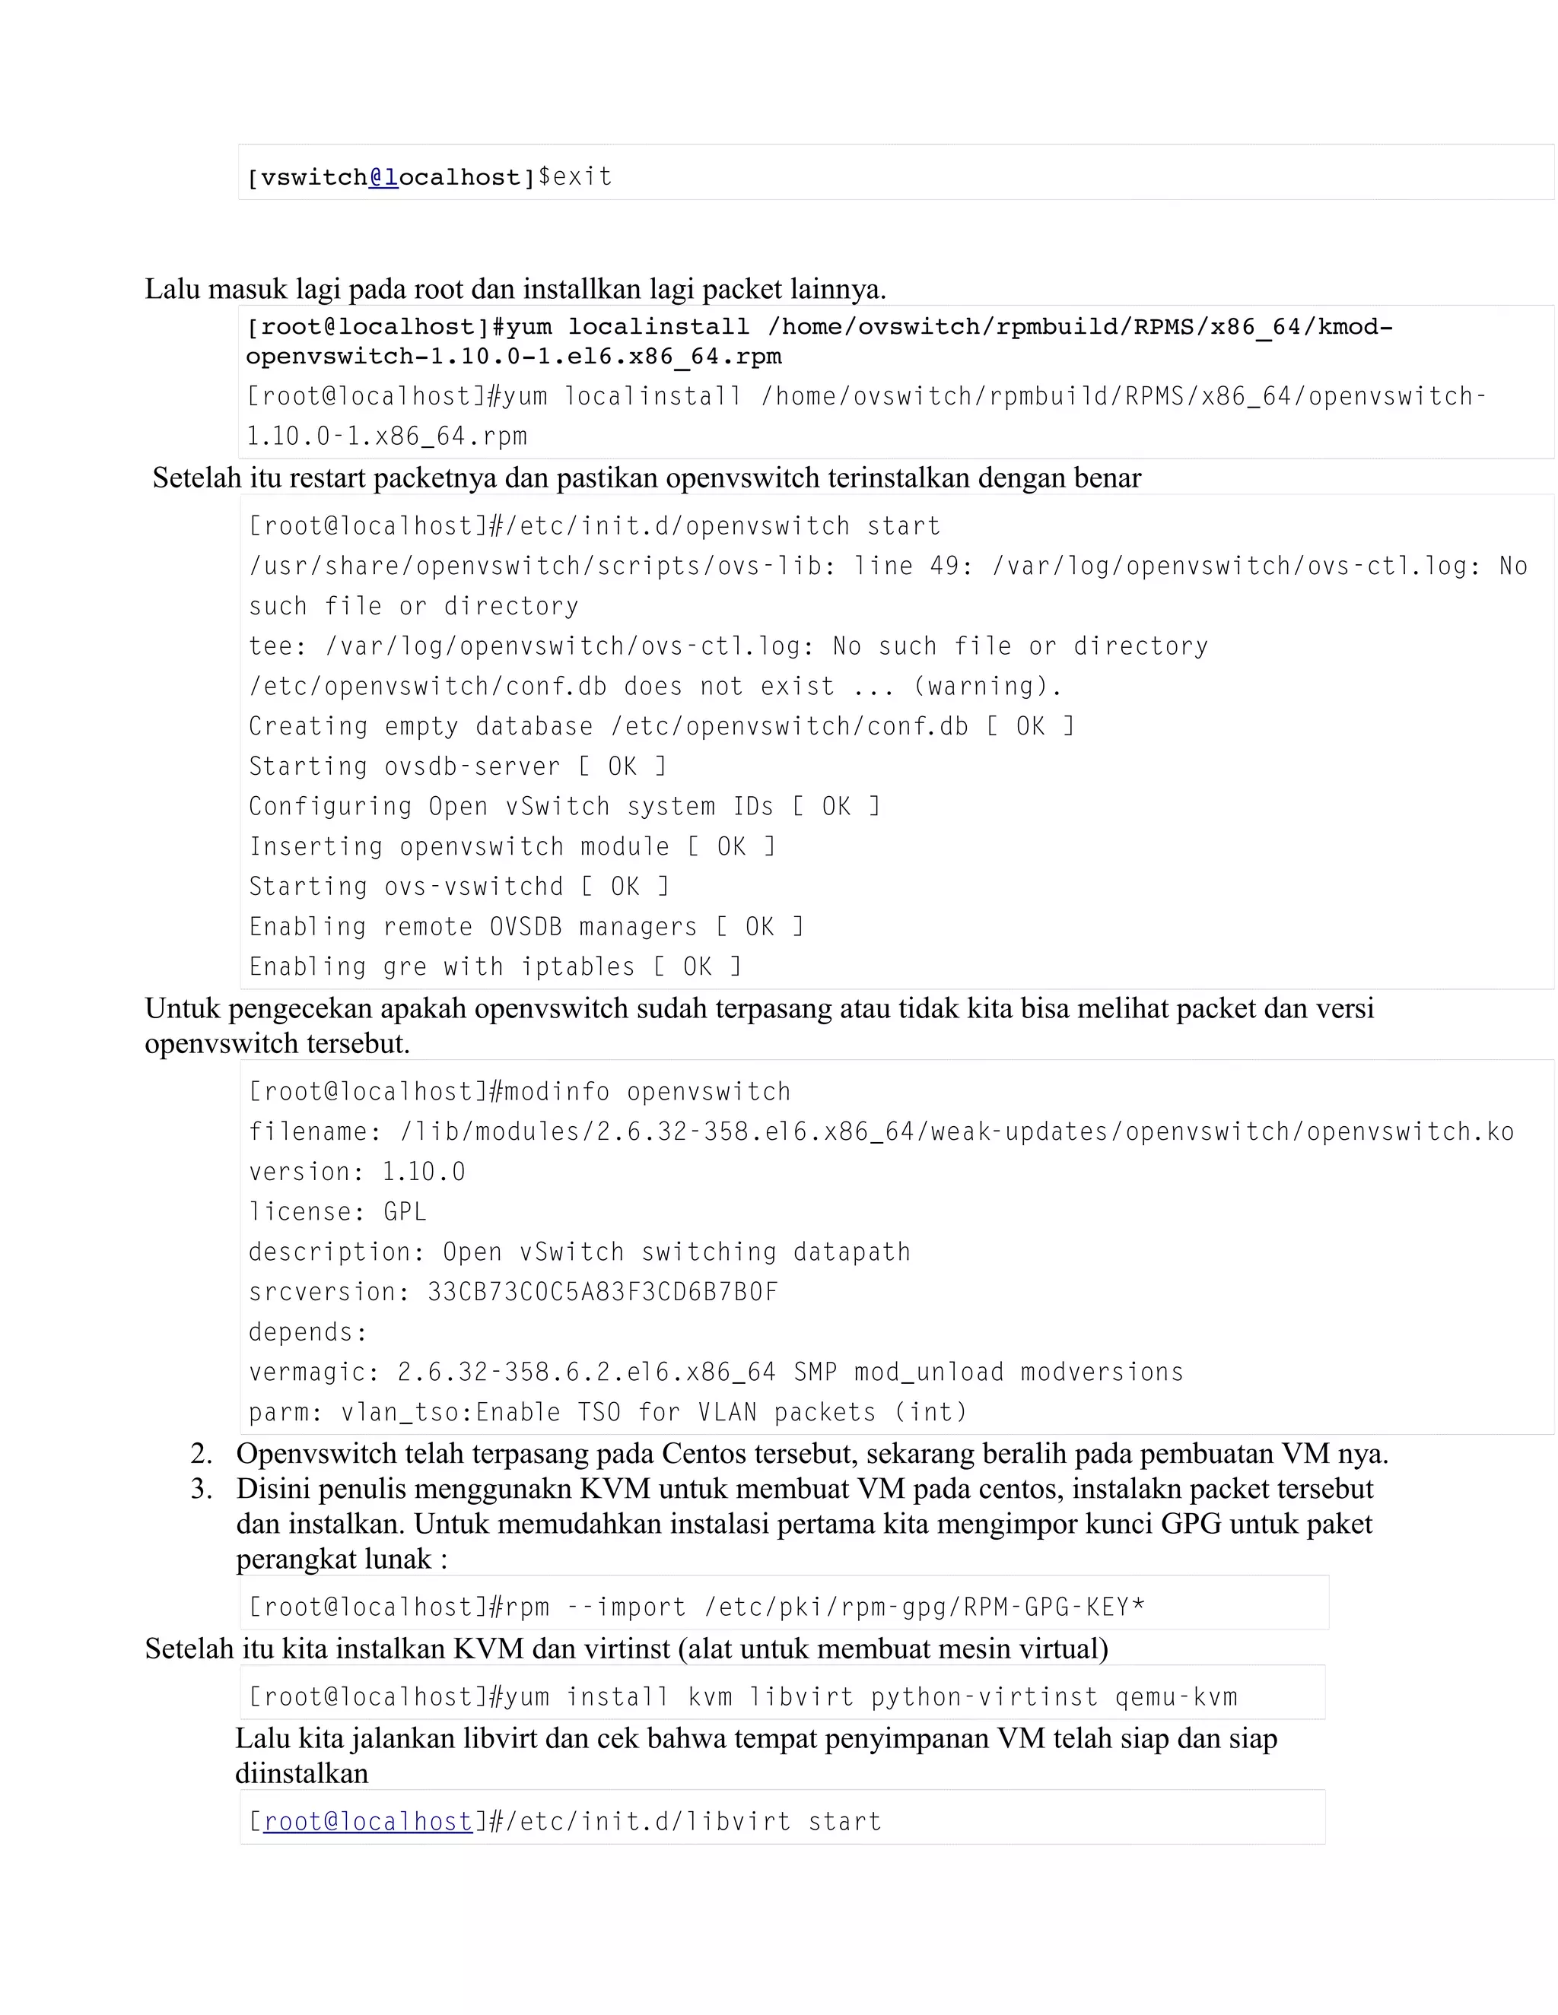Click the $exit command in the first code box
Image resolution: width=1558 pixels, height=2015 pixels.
pyautogui.click(x=574, y=177)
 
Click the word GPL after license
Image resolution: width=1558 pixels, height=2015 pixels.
pyautogui.click(x=405, y=1211)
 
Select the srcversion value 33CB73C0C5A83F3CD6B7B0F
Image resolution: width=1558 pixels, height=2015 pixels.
pyautogui.click(x=603, y=1292)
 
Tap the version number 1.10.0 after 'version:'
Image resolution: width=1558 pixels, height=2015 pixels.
pyautogui.click(x=424, y=1172)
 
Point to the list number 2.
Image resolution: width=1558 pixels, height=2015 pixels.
pyautogui.click(x=201, y=1454)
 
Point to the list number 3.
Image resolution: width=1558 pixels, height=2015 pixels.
pyautogui.click(x=201, y=1489)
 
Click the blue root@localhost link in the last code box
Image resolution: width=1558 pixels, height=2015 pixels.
pyautogui.click(x=368, y=1821)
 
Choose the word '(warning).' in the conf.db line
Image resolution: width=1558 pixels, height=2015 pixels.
pyautogui.click(x=987, y=687)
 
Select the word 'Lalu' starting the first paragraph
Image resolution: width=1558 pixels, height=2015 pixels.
pyautogui.click(x=173, y=290)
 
